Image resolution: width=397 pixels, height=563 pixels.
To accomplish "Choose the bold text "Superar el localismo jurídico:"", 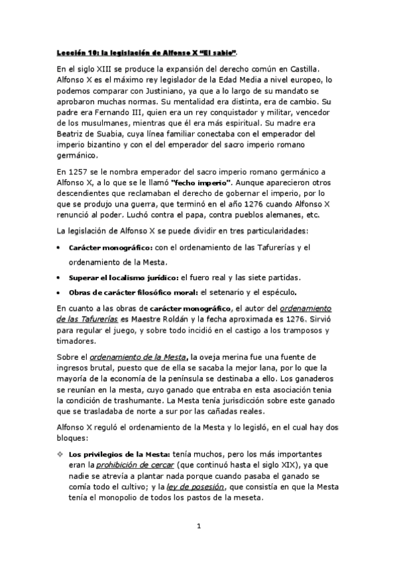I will (x=124, y=277).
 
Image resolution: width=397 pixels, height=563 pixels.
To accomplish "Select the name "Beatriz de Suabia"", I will (x=91, y=143).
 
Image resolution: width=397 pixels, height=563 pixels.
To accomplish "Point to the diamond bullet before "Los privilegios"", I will (x=61, y=454).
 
